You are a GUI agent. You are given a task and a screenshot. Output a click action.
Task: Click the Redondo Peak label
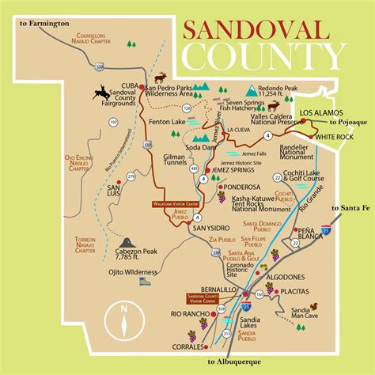pos(282,88)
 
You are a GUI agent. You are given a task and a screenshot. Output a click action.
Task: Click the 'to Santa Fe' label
pos(350,208)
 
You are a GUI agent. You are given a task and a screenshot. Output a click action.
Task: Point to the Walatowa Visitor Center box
pos(172,203)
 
